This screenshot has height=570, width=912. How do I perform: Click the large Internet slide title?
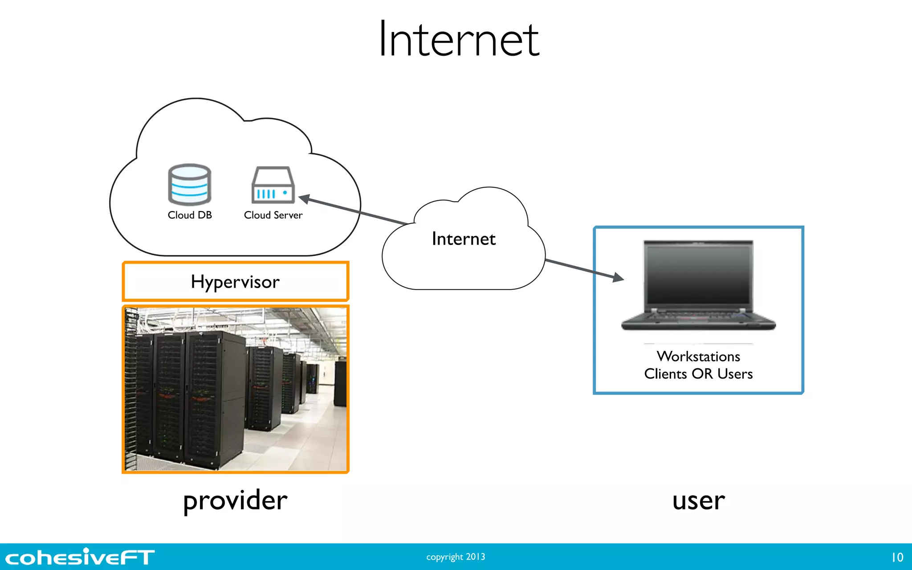click(459, 40)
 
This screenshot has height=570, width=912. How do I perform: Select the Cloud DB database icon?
click(189, 184)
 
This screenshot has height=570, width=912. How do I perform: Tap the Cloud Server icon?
click(273, 185)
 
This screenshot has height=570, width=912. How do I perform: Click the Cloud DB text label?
click(190, 215)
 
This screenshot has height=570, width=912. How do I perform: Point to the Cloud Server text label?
click(273, 215)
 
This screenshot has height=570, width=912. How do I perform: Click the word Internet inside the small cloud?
click(464, 239)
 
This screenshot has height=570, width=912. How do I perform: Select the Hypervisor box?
click(235, 281)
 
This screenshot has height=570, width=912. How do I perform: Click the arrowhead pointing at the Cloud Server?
click(305, 199)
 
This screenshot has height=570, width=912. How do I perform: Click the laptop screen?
click(698, 274)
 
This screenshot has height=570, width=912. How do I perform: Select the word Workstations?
click(698, 356)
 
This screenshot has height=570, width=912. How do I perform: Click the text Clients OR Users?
click(698, 374)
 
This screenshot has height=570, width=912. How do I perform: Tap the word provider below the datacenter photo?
click(235, 501)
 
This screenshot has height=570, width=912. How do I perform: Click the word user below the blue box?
click(698, 501)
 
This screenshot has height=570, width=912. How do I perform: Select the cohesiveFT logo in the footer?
click(80, 557)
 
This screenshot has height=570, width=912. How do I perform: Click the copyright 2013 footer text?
click(456, 557)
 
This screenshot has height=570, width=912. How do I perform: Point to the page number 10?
click(897, 557)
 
